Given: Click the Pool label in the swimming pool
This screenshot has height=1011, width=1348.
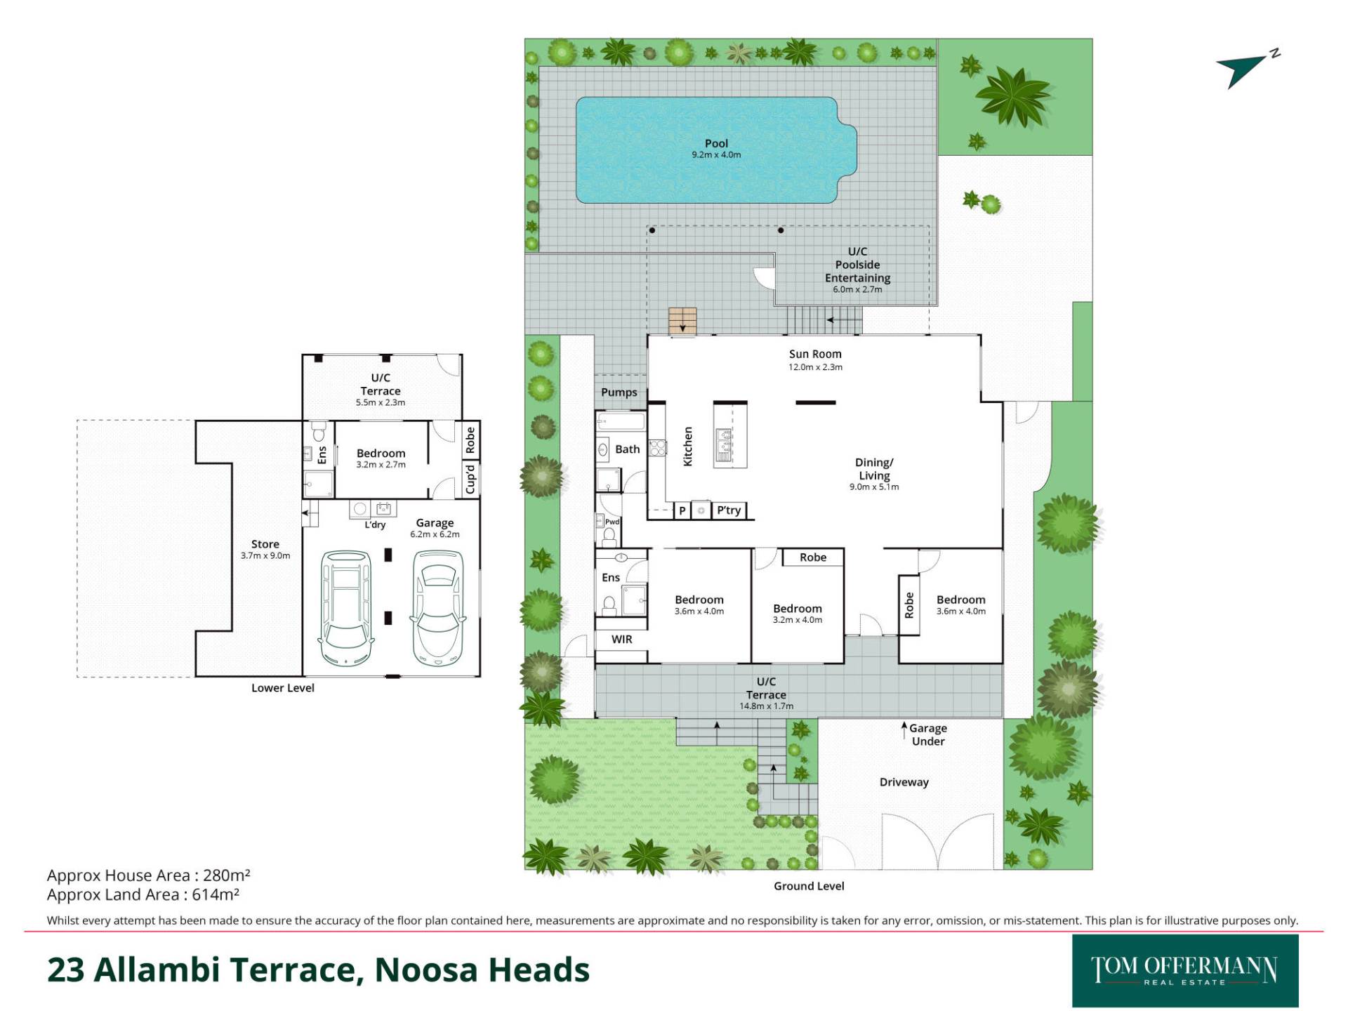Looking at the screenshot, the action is (716, 143).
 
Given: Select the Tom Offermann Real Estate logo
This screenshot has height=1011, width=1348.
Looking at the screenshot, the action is (1185, 971).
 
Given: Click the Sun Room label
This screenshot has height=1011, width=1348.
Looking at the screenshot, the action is (815, 355).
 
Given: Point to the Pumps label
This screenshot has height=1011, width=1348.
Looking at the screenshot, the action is (619, 392).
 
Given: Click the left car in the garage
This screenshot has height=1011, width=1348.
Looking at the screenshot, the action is (346, 608).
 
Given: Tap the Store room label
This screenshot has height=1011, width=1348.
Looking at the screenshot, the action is (265, 544).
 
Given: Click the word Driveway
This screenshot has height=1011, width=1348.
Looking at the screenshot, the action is (904, 782).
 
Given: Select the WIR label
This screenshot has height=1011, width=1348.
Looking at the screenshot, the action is (622, 640).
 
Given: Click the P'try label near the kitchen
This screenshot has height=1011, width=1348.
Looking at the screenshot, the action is (729, 510).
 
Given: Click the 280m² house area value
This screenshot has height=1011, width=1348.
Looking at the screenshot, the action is (227, 875).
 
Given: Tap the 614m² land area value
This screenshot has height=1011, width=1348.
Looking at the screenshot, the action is (216, 894).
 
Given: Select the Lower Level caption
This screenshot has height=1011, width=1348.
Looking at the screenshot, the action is (283, 688).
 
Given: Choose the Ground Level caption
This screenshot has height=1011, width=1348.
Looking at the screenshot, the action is (809, 886).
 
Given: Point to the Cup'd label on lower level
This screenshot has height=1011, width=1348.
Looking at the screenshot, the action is (470, 478).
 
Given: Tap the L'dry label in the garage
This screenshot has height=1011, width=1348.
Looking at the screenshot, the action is (375, 524).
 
